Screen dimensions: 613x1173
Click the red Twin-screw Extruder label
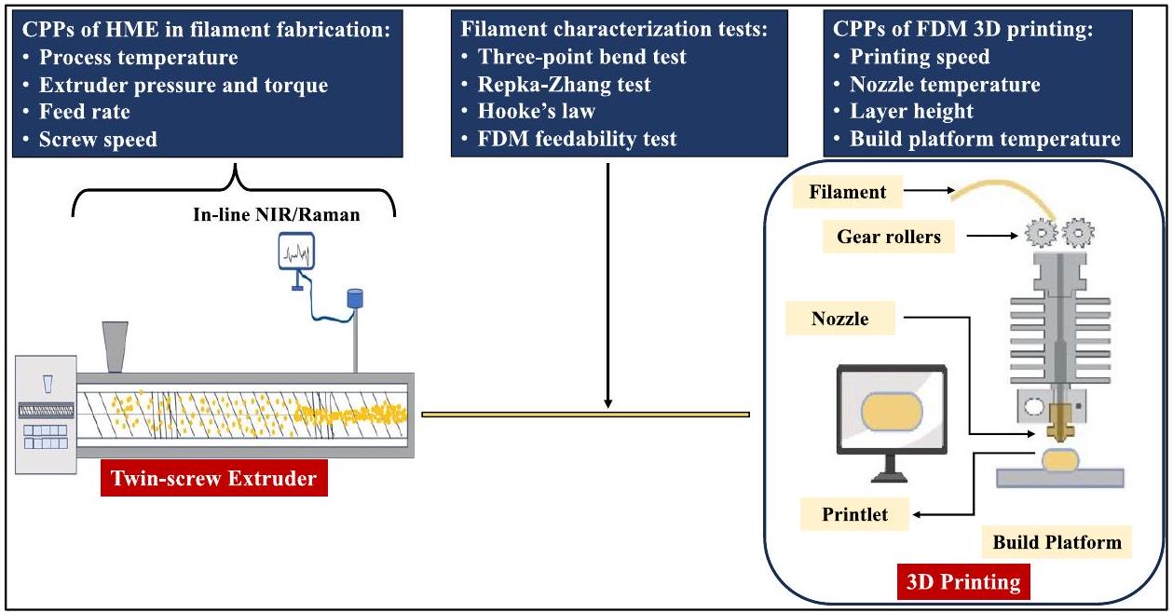(x=214, y=480)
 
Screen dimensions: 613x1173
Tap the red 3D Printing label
(x=963, y=583)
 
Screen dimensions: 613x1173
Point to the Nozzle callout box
(x=841, y=319)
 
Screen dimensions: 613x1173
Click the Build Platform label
(x=1057, y=541)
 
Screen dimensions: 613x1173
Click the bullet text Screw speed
(x=98, y=140)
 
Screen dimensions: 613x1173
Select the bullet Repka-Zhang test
(x=564, y=85)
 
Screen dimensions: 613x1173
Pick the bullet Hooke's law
(x=536, y=112)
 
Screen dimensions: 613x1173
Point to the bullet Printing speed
(x=920, y=57)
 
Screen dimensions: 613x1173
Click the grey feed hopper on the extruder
(x=115, y=346)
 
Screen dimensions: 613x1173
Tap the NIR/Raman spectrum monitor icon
(x=296, y=252)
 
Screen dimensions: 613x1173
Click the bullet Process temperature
(x=138, y=58)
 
